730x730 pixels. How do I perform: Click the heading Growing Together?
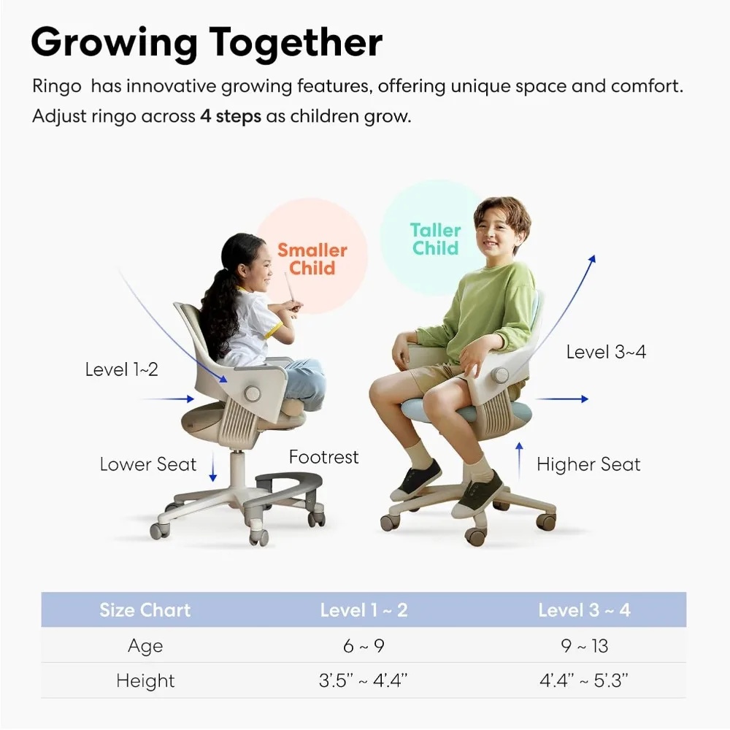tap(207, 42)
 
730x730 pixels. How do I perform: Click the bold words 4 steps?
tap(230, 117)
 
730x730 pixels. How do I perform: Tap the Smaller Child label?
tap(312, 259)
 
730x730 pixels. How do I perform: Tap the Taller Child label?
tap(436, 239)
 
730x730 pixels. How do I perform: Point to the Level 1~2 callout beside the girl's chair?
tap(121, 369)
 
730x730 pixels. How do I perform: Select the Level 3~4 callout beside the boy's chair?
tap(606, 352)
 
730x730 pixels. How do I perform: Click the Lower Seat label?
tap(148, 464)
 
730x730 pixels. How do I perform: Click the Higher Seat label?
tap(588, 464)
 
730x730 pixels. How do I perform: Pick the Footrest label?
tap(323, 458)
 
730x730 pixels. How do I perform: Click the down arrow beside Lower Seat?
tap(213, 467)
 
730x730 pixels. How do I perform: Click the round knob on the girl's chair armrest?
tap(252, 393)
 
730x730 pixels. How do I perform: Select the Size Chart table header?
tap(145, 610)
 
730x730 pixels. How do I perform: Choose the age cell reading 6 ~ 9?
tap(363, 646)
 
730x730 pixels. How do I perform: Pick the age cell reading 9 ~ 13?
tap(584, 646)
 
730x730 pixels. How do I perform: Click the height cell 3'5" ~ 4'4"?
tap(363, 681)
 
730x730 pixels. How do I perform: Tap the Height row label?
tap(145, 681)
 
